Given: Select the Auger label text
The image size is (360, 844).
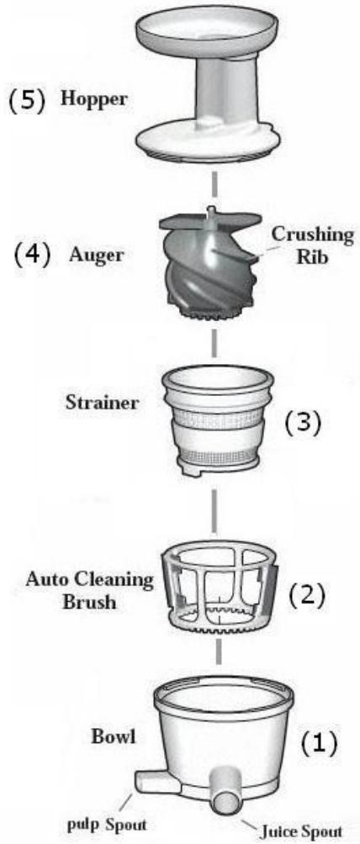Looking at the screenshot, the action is [96, 256].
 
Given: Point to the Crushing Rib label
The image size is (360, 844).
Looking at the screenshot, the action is [313, 245].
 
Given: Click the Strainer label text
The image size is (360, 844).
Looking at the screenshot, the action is [102, 402].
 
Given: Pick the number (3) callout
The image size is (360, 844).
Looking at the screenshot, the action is [302, 423].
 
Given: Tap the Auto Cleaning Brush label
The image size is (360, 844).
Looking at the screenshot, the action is [89, 590].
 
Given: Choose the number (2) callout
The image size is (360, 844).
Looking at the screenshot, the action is [307, 595].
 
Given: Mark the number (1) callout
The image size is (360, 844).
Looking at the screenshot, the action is [318, 744].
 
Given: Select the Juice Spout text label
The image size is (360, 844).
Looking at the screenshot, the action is [301, 832].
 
